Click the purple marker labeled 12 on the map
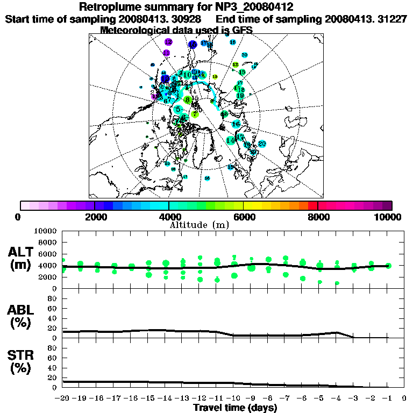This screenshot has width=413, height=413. (168, 41)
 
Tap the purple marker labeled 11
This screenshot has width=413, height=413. (167, 53)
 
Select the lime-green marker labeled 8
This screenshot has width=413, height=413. (188, 99)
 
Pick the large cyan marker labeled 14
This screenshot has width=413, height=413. (231, 140)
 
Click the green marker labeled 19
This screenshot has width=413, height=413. (240, 96)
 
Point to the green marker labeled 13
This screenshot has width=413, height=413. (242, 72)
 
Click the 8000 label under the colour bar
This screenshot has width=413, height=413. (317, 217)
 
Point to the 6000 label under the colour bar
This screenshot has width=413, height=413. (243, 217)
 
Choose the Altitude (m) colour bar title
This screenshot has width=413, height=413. (199, 225)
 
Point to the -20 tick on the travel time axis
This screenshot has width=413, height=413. (63, 398)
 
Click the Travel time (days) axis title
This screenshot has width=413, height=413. (235, 408)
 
